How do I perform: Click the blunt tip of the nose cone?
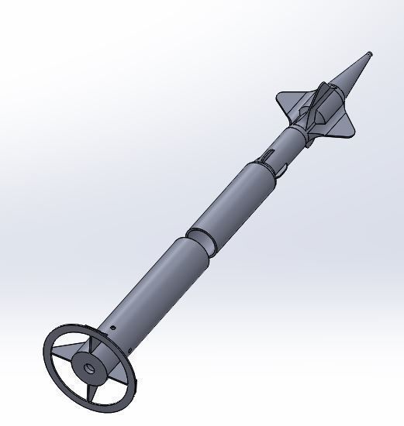370,53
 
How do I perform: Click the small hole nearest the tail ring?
113,328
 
